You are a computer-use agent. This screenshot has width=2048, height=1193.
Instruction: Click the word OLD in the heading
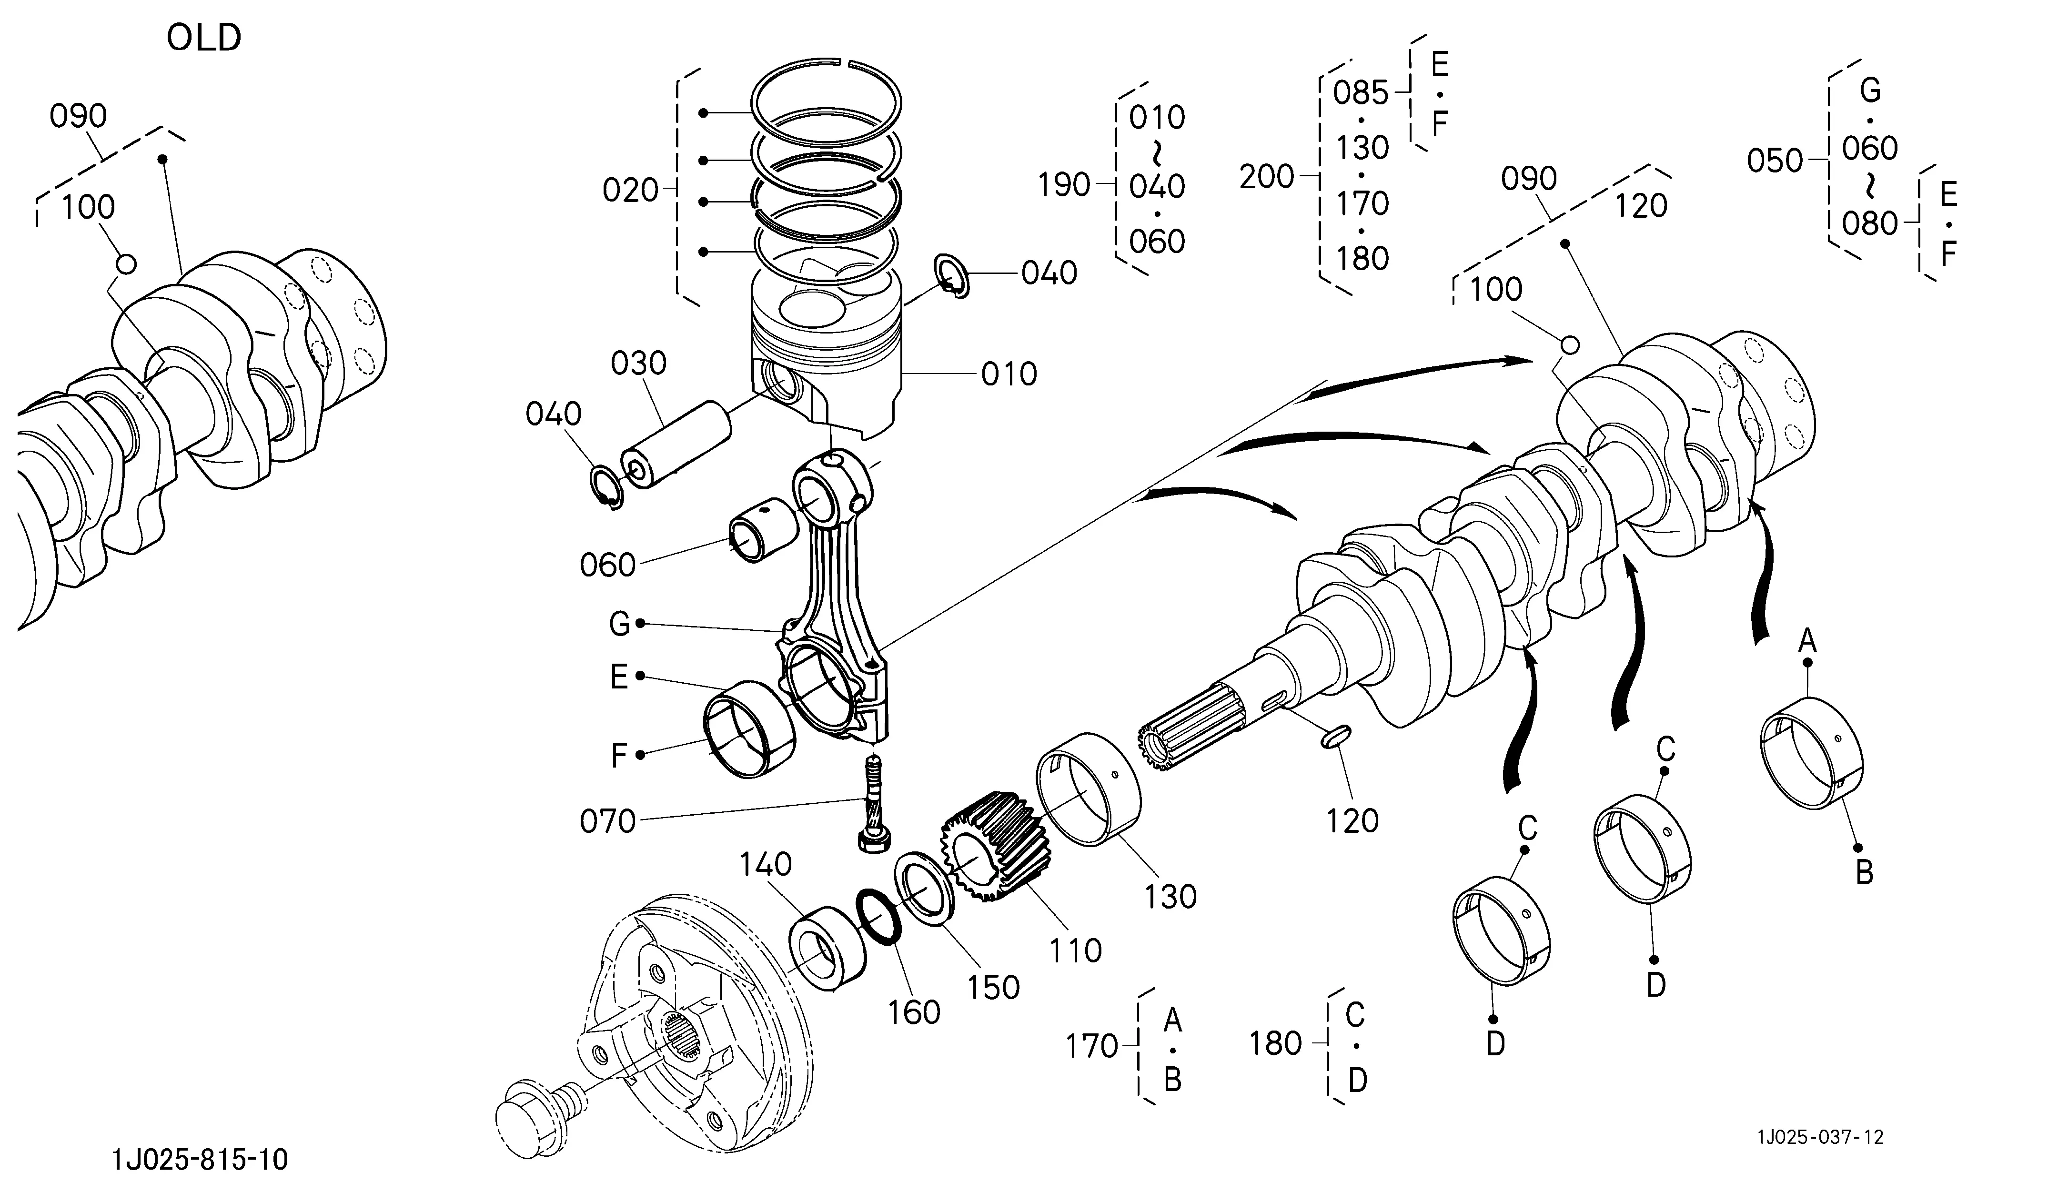[x=204, y=37]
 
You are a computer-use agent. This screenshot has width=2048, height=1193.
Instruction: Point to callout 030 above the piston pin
[x=639, y=363]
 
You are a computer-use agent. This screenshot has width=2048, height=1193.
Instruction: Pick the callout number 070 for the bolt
[x=608, y=821]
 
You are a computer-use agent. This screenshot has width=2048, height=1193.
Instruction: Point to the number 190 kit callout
[x=1063, y=185]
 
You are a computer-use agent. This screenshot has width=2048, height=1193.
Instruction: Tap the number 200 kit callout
[x=1266, y=176]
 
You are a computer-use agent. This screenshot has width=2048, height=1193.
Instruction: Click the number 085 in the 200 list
[x=1361, y=93]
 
